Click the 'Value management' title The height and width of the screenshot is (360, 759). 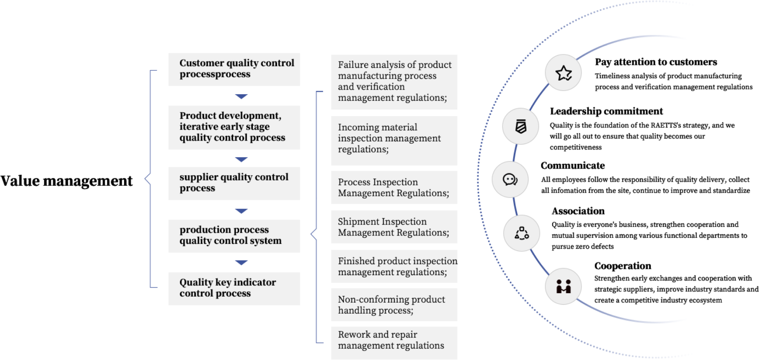coord(66,181)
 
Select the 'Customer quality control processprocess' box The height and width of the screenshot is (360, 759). coord(234,69)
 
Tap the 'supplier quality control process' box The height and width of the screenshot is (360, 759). coord(234,183)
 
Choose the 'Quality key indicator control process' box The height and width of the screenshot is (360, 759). coord(234,288)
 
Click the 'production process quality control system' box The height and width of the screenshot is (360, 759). coord(234,236)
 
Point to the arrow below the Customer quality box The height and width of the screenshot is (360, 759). coord(241,96)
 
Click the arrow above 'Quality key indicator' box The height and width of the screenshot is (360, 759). coord(241,262)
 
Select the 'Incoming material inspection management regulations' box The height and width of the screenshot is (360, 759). coord(394,141)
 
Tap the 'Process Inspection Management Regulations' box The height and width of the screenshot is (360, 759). coord(394,187)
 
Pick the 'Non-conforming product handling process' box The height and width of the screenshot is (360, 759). coord(394,305)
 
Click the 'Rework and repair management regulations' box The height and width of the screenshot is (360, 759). coord(394,343)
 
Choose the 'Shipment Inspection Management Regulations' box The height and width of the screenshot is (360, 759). coord(394,227)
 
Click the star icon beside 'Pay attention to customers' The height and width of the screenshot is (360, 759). coord(563,73)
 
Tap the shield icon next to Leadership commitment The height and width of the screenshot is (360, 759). coord(521,126)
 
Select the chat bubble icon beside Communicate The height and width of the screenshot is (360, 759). coord(510,180)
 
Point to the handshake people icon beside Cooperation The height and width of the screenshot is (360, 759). coord(563,287)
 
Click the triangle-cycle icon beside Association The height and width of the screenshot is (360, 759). coord(522,233)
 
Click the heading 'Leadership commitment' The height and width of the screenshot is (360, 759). coord(606,111)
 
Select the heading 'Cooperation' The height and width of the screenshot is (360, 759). coord(623,266)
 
